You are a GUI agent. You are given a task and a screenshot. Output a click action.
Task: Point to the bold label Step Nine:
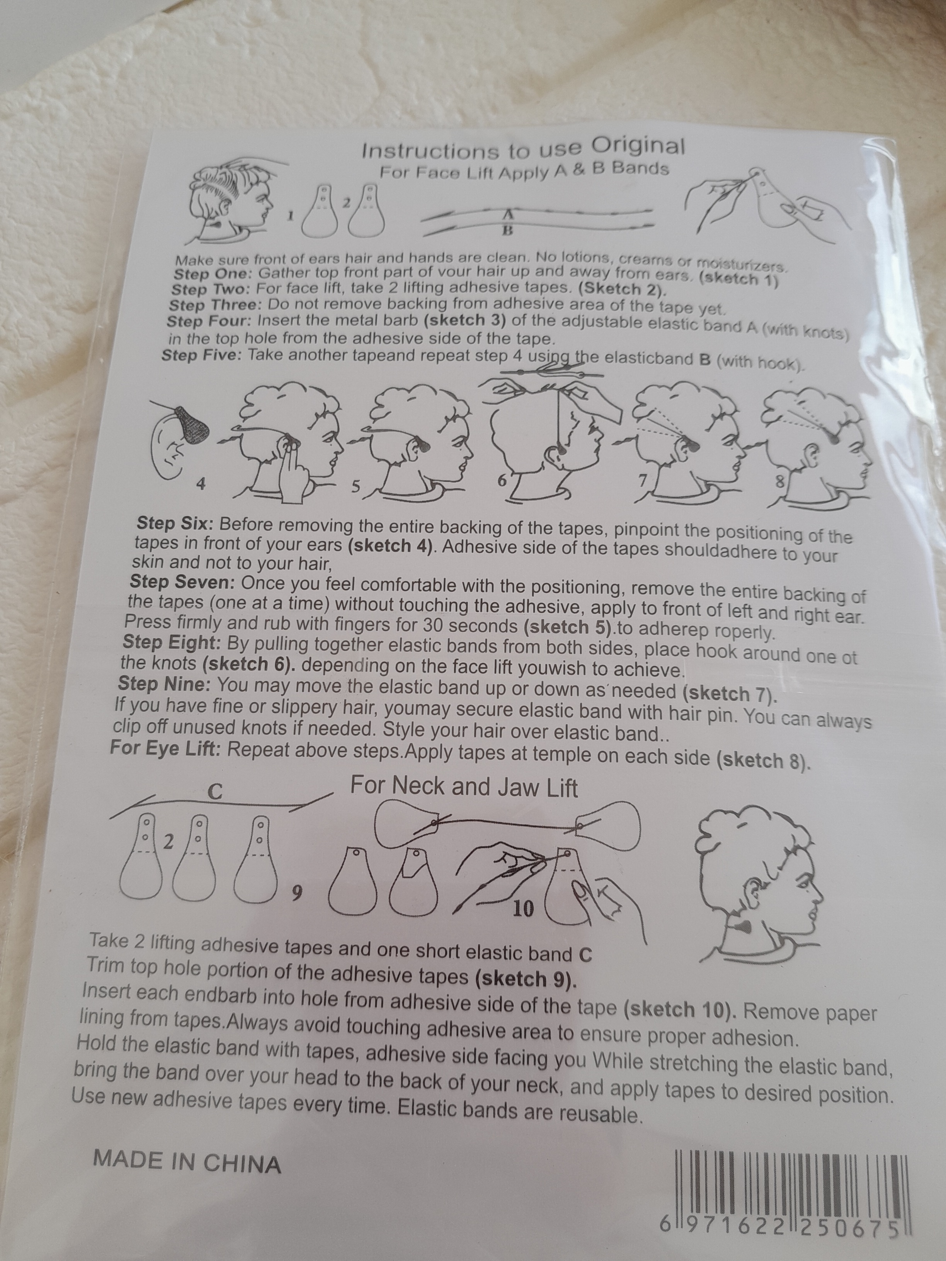pos(165,683)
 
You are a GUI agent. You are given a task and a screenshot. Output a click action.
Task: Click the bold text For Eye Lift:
pos(165,748)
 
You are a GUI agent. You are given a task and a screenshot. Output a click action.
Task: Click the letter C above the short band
pos(214,791)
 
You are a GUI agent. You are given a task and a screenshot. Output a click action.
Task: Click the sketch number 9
pos(295,894)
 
